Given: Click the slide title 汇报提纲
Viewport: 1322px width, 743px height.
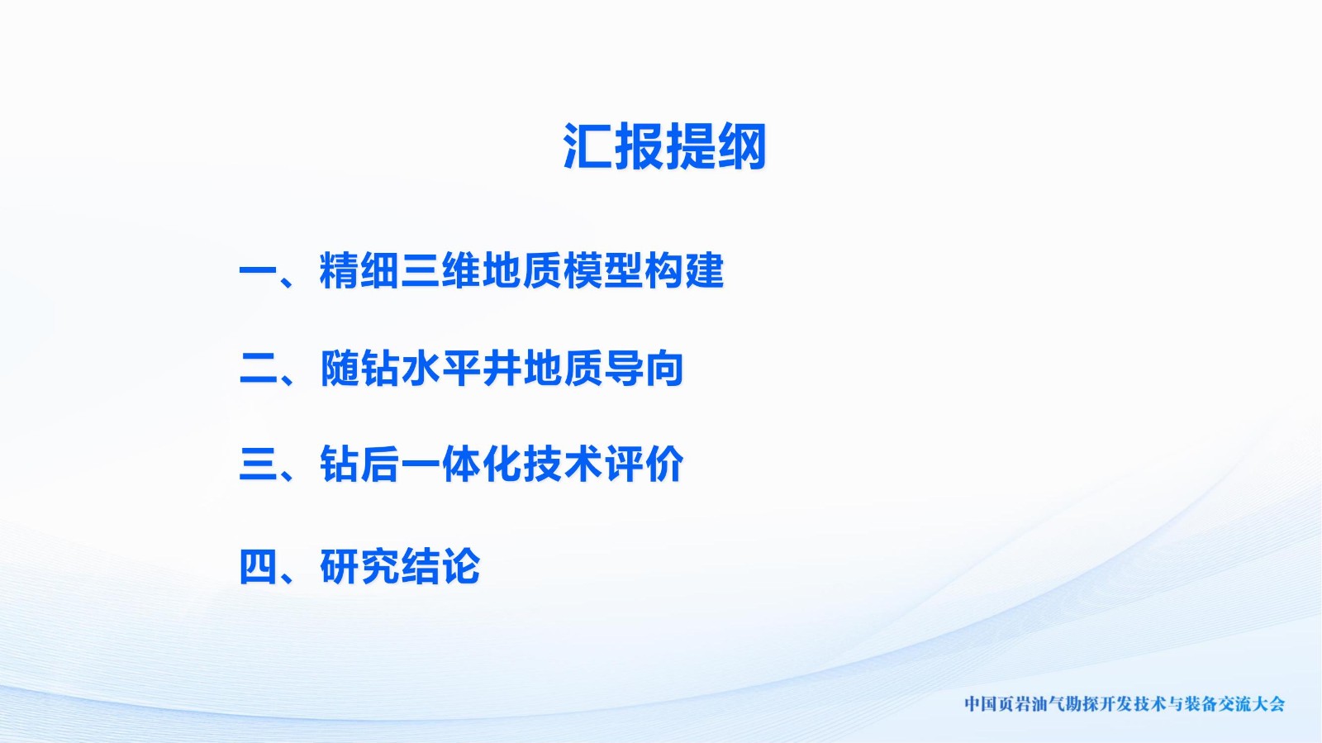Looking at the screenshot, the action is coord(665,145).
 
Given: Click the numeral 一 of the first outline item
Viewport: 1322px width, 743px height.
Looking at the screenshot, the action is coord(258,271).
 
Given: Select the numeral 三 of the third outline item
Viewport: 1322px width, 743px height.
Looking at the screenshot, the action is coord(258,464).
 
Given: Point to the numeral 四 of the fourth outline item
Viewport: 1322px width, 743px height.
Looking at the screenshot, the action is coord(258,566).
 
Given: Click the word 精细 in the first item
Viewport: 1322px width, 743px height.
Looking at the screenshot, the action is coord(359,271).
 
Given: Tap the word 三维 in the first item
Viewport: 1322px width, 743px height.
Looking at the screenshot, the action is coord(441,271).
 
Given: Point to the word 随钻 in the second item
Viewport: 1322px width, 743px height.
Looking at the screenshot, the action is coord(359,369).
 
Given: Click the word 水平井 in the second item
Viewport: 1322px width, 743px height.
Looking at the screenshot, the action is coord(462,369).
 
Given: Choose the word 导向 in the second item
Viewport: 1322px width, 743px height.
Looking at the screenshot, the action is coord(644,369).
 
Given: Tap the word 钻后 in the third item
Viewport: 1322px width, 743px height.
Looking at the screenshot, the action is coord(359,464).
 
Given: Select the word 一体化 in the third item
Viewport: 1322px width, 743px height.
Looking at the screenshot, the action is coord(462,464).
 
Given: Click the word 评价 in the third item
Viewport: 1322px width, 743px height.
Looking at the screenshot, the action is coord(644,464).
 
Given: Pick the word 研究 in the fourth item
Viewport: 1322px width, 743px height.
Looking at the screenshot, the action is coord(359,566).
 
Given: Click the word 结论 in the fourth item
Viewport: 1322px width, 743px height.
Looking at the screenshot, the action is coord(441,566).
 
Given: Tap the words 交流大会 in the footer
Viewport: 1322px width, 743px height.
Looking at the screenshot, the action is coord(1253,704).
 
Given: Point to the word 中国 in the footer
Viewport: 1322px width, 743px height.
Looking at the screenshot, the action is coord(980,704).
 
